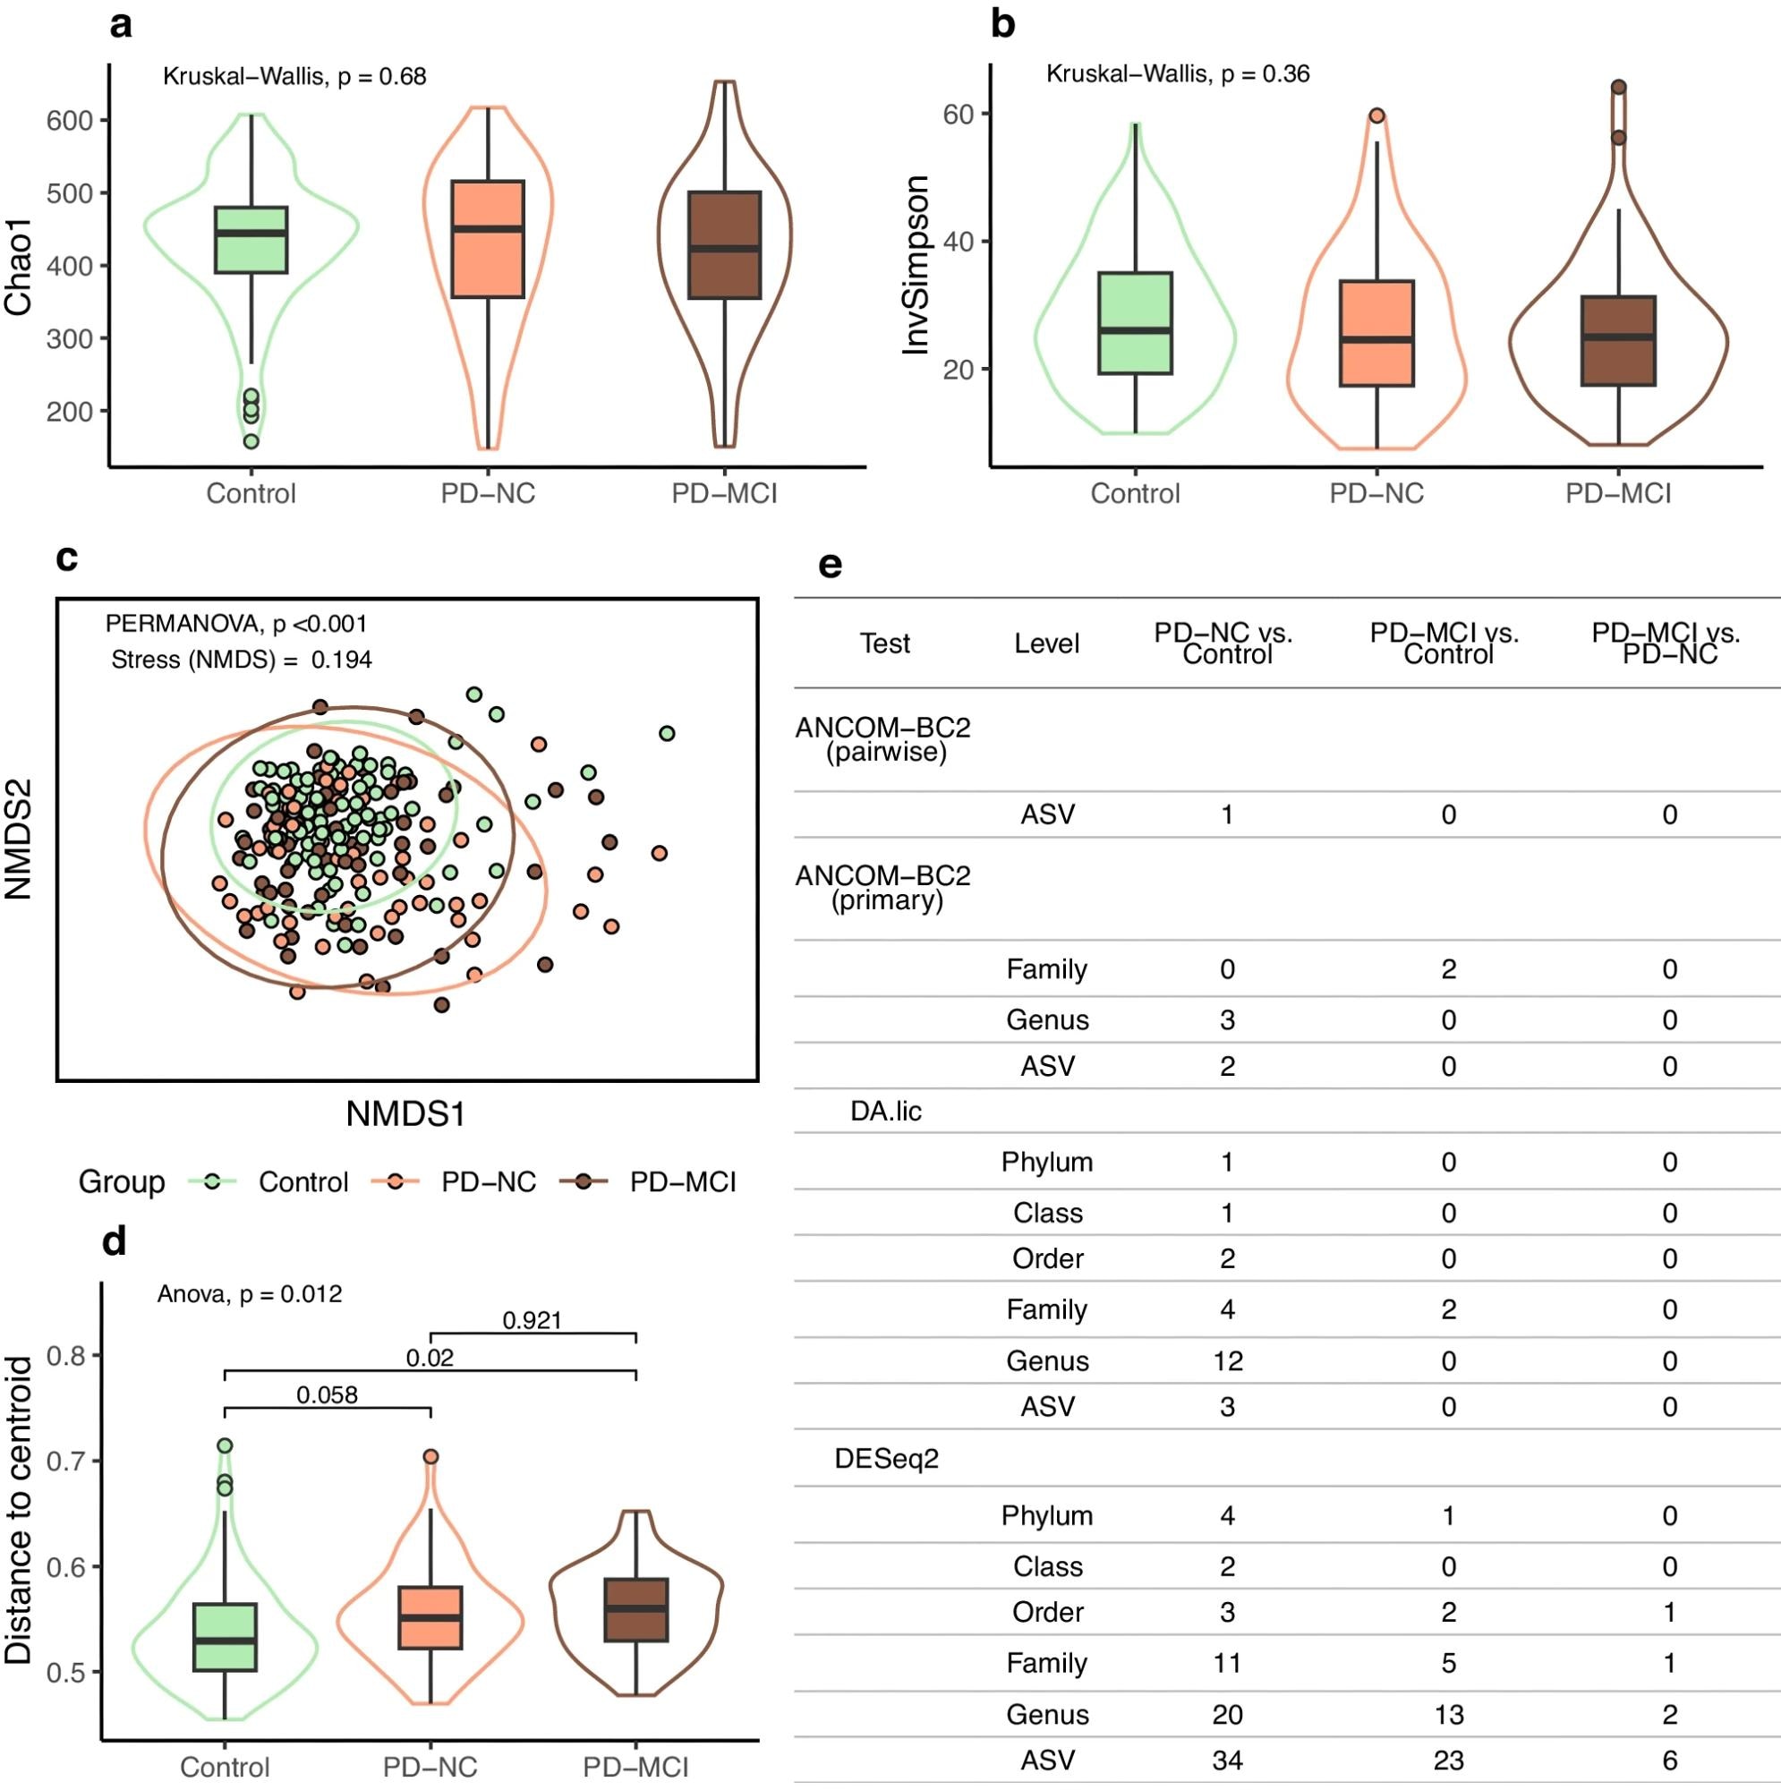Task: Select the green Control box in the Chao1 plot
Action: (x=251, y=240)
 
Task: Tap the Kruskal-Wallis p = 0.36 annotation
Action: (x=1177, y=74)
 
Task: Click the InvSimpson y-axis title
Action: (x=916, y=264)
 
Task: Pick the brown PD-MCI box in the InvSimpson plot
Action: (x=1618, y=341)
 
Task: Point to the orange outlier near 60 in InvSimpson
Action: (x=1377, y=115)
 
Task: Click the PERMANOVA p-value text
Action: (x=236, y=624)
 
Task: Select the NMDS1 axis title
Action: (x=405, y=1113)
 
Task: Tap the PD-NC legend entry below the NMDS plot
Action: (x=454, y=1182)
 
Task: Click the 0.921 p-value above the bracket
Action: (x=532, y=1320)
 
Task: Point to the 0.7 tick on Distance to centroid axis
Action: (x=68, y=1462)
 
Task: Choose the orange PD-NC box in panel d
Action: (x=430, y=1617)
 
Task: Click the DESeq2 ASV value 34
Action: (x=1227, y=1760)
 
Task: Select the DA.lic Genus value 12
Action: (x=1227, y=1361)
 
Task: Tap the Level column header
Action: (x=1046, y=644)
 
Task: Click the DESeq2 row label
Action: (x=887, y=1459)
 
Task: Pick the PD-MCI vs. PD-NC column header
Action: (x=1666, y=644)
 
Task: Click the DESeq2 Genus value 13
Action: (x=1448, y=1715)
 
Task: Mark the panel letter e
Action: (x=831, y=564)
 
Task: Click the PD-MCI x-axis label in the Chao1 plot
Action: (x=724, y=494)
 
